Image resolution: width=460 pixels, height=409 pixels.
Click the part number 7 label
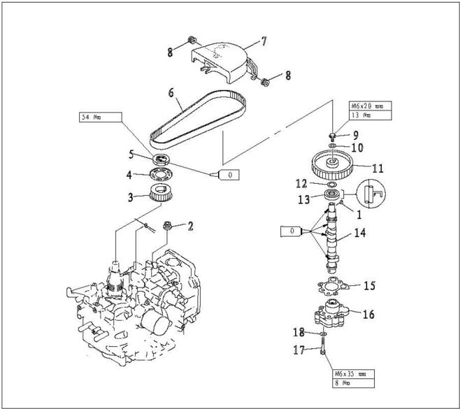click(264, 42)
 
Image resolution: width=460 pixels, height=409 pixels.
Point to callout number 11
click(378, 168)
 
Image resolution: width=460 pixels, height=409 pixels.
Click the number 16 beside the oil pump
click(368, 315)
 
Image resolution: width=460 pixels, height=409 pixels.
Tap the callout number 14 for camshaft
click(359, 234)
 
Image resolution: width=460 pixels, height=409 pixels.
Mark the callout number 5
click(131, 154)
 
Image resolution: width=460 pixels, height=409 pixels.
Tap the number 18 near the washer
click(299, 333)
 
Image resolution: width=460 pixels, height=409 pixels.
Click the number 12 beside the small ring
click(301, 184)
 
